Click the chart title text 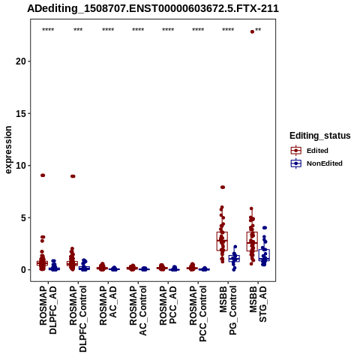point(153,8)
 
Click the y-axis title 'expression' point(8,150)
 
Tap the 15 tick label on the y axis point(21,113)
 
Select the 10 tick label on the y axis point(21,166)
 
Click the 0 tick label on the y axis point(24,270)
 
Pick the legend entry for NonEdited point(316,163)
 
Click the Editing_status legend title point(320,136)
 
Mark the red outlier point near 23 point(252,31)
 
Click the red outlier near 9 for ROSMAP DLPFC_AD point(43,175)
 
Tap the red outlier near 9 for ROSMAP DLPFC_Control point(73,176)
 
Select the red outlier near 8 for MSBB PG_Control point(223,187)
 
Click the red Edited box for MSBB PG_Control point(222,241)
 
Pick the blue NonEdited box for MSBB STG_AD point(264,255)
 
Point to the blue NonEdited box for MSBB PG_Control point(234,259)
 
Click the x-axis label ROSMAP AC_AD point(108,305)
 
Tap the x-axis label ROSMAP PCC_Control point(198,313)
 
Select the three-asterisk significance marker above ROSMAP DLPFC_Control point(78,30)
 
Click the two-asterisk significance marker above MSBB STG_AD point(258,30)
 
